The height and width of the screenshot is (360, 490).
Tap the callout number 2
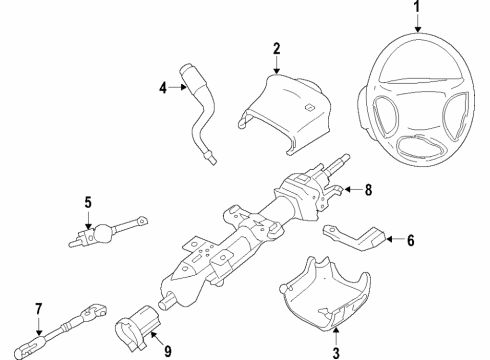pyautogui.click(x=277, y=46)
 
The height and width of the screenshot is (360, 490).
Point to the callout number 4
pyautogui.click(x=162, y=88)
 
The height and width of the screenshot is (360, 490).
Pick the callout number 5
pyautogui.click(x=89, y=204)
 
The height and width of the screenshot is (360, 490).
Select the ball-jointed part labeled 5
pyautogui.click(x=100, y=235)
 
